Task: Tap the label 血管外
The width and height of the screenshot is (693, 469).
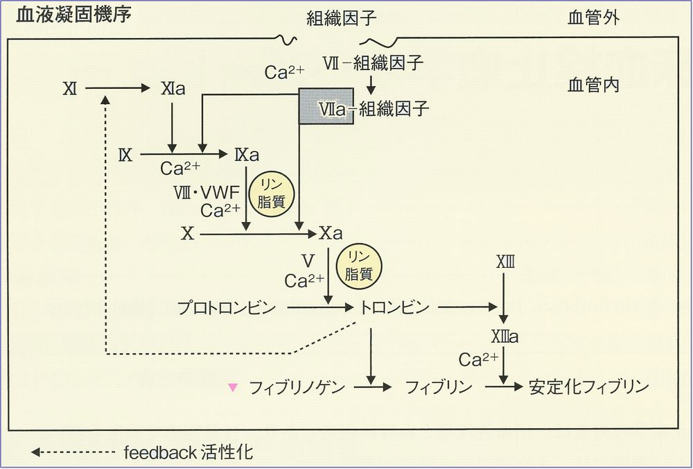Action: click(593, 18)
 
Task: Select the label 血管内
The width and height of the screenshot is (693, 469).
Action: click(593, 85)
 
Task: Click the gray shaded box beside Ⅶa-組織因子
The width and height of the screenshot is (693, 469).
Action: click(326, 106)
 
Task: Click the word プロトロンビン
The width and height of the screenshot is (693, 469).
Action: click(227, 306)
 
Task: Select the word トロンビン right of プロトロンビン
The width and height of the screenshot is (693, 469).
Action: click(390, 306)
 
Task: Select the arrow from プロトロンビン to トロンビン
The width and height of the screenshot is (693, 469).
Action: click(316, 306)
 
